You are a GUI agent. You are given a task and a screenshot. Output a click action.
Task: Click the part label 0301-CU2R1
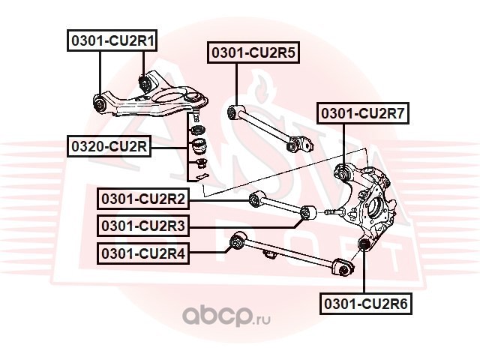(112, 40)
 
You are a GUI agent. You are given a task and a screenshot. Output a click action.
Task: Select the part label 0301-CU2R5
(253, 52)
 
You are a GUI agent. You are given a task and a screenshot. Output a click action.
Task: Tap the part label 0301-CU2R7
(363, 113)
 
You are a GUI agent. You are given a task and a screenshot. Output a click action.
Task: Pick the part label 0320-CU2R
(109, 146)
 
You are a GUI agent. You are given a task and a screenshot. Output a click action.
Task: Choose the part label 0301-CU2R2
(143, 199)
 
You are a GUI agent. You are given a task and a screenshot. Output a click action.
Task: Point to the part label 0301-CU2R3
(143, 226)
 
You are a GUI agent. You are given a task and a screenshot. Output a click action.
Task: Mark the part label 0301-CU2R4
(143, 253)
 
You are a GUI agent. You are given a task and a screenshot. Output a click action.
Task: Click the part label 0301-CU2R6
(366, 304)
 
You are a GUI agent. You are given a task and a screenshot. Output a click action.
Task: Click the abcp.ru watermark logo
(226, 316)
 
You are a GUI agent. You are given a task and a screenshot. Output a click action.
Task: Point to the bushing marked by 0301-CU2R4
(238, 241)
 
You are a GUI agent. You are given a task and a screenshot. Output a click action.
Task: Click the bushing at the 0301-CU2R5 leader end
(235, 112)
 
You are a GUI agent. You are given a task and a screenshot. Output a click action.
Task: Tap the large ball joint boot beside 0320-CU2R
(198, 146)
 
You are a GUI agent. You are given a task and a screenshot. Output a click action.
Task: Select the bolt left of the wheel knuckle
(334, 211)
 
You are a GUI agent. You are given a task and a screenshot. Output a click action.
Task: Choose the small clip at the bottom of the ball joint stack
(199, 176)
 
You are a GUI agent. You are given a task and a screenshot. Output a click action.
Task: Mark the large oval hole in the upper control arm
(169, 97)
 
